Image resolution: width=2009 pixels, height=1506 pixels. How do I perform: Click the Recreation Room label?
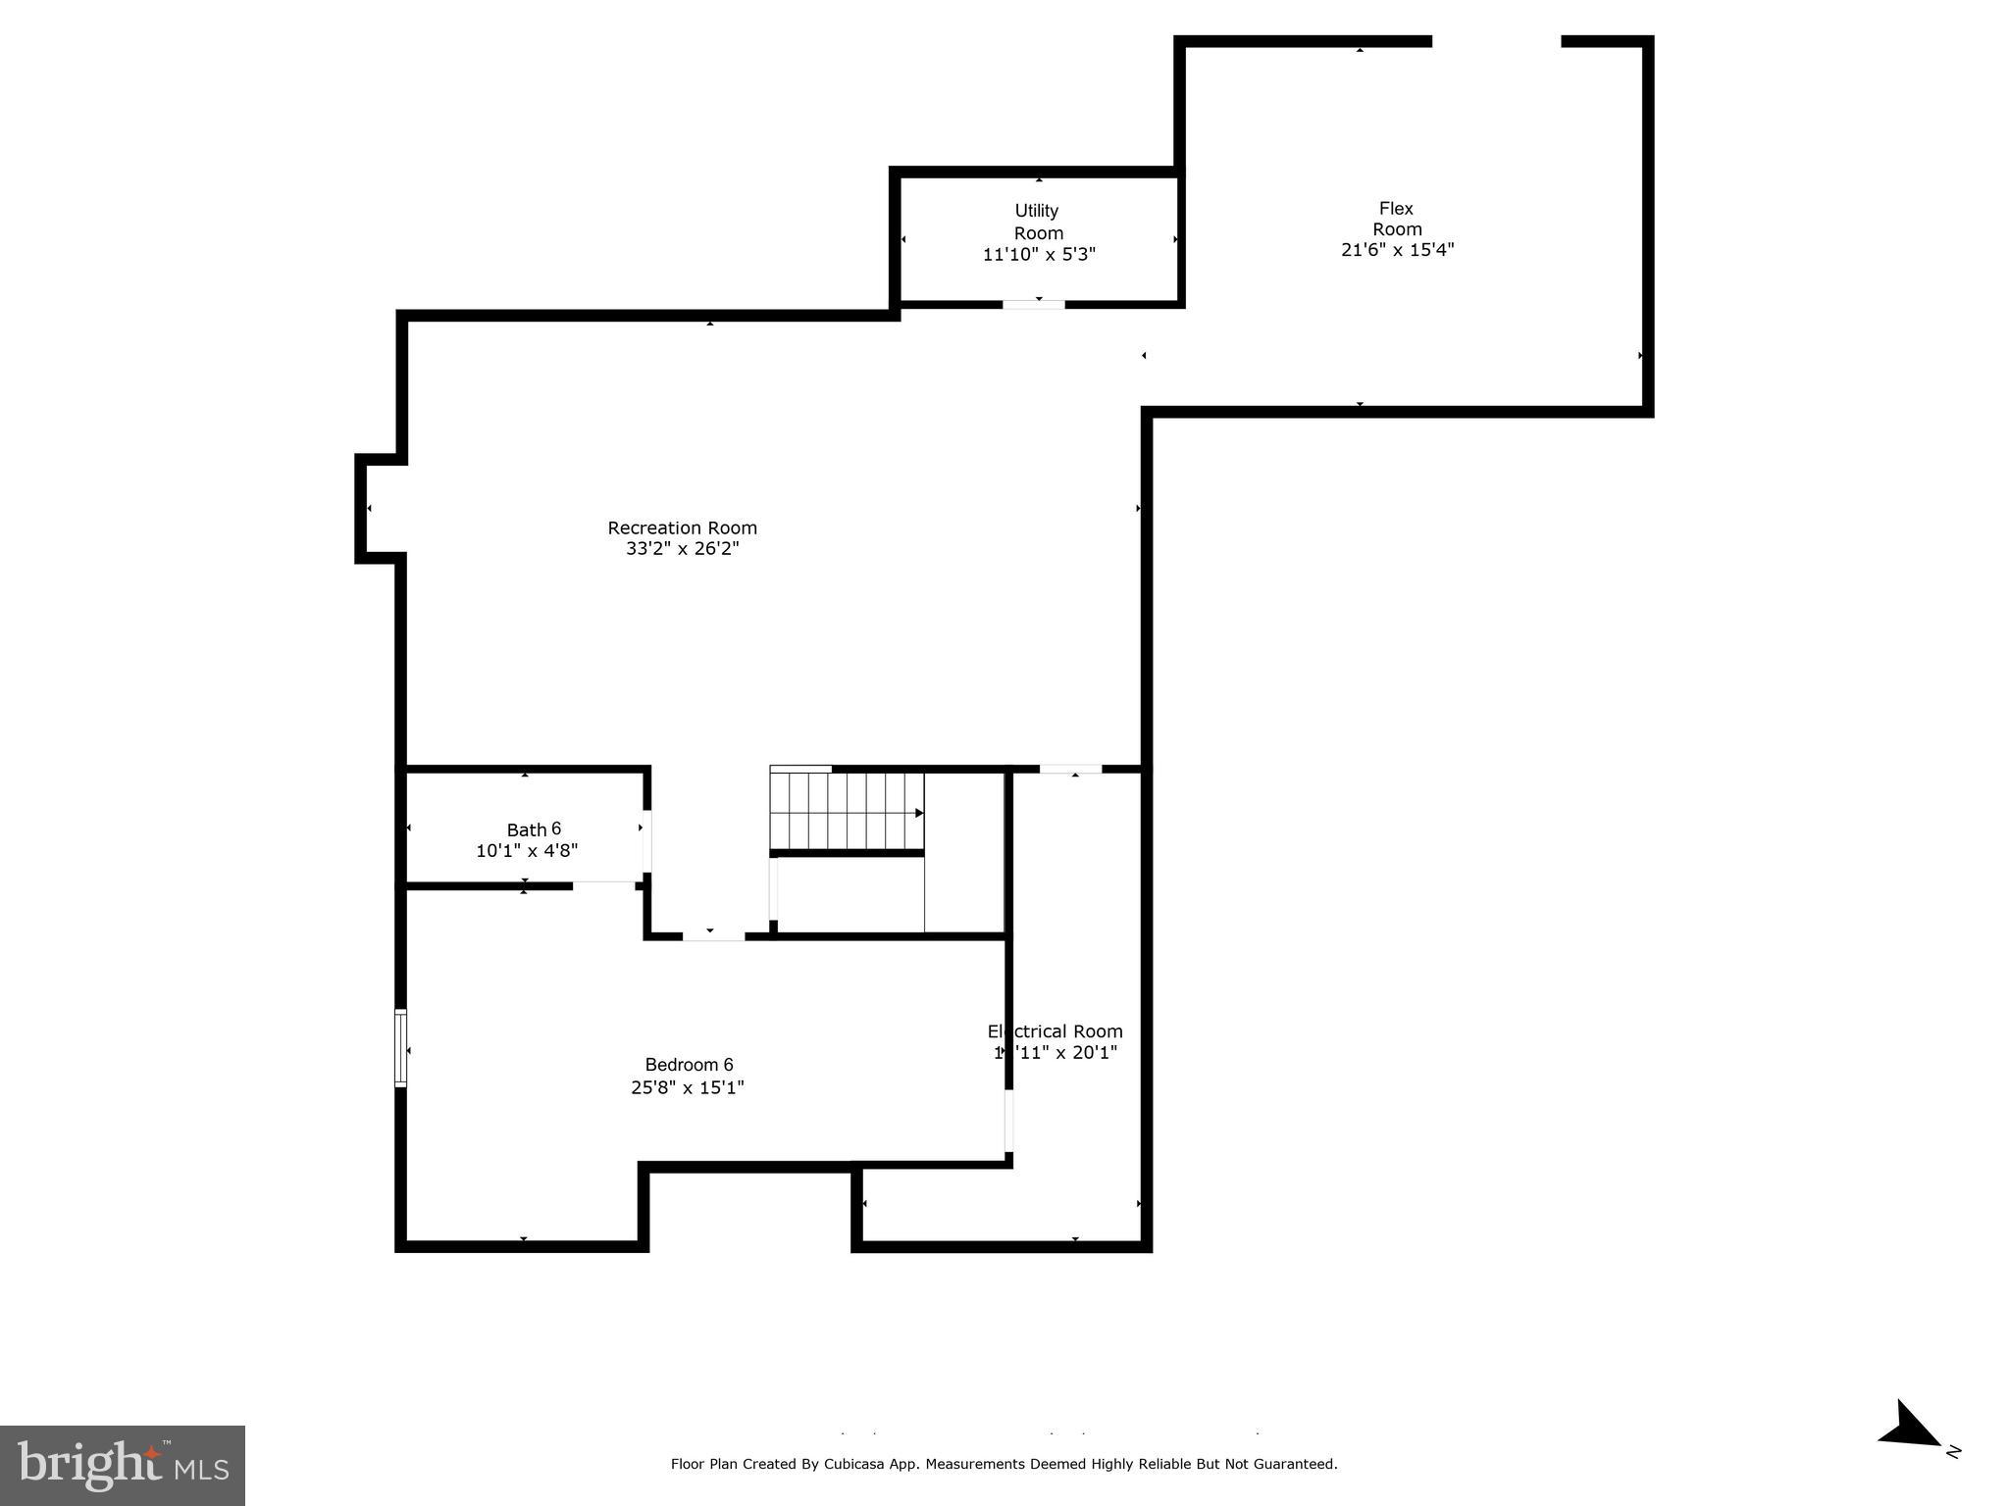682,527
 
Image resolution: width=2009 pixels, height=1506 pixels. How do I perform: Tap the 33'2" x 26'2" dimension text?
682,549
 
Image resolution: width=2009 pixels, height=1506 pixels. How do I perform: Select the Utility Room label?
1038,222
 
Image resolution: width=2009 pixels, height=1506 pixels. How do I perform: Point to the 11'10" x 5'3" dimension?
1039,255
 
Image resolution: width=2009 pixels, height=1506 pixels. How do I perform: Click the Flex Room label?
1397,219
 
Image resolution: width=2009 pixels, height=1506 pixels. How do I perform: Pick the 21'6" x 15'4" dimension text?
1397,250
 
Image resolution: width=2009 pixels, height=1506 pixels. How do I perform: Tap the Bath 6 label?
534,829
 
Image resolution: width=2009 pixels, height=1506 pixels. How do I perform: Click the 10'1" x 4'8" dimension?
527,851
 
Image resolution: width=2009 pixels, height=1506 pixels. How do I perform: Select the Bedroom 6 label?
689,1065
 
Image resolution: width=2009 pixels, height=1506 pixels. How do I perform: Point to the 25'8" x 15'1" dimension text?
688,1087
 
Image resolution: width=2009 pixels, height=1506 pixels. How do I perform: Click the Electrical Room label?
1056,1031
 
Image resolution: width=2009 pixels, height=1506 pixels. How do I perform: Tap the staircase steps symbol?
847,812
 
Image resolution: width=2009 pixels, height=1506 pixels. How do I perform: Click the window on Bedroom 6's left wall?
400,1048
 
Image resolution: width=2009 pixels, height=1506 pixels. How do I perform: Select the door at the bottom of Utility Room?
1033,305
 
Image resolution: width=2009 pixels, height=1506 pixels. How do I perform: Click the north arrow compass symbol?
1911,1427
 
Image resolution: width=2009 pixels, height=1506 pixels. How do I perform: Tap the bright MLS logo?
123,1465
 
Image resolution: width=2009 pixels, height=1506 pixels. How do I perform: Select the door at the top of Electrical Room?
1070,770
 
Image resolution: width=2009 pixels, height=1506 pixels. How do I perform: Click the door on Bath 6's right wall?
646,840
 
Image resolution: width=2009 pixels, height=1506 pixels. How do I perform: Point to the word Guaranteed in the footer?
1295,1464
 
